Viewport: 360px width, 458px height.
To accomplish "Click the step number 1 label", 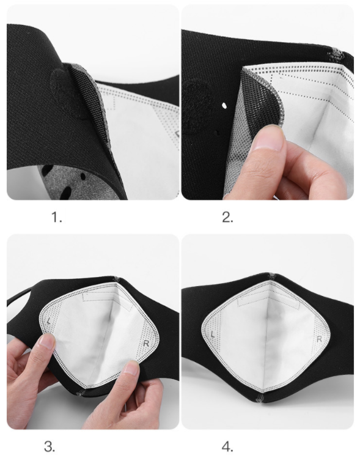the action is tap(56, 217).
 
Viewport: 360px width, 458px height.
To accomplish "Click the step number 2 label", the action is tap(227, 217).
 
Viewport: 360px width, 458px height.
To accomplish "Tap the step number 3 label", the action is tap(50, 446).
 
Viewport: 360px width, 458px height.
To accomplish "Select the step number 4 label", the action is tap(227, 446).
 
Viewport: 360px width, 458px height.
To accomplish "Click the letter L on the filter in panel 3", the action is tap(49, 320).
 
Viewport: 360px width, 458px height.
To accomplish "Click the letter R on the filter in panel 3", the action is tap(146, 344).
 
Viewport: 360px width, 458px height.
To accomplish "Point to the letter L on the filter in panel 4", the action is tap(213, 334).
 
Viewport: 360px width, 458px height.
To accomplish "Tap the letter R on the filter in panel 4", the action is tap(319, 339).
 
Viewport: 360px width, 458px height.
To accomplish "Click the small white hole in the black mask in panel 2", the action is tap(224, 105).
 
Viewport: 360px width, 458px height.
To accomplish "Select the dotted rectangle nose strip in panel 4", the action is tap(268, 301).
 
